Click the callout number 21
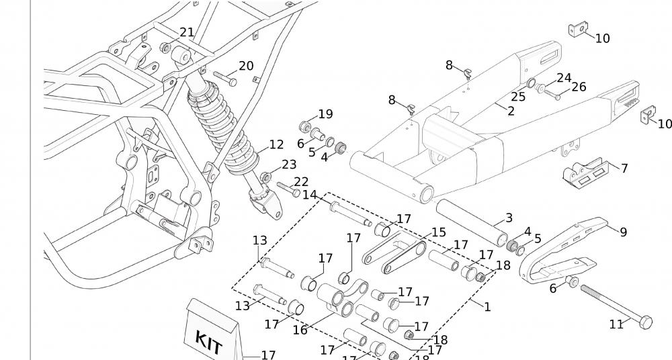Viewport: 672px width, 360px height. pos(187,32)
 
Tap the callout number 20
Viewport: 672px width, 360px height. pos(246,66)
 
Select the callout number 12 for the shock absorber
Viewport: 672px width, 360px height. pos(276,144)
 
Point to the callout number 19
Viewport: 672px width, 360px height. pos(325,114)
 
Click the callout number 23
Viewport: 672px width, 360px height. pos(289,165)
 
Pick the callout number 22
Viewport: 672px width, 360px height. pos(301,182)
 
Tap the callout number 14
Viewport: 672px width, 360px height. pos(310,195)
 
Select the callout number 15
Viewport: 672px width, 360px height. pos(438,232)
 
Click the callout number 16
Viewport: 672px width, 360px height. pos(300,330)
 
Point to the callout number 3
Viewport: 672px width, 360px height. pos(509,218)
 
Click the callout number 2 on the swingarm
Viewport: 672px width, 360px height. pos(511,111)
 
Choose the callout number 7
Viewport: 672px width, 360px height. pos(624,168)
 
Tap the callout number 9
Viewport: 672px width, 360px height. pos(623,232)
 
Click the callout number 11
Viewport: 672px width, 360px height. pos(616,324)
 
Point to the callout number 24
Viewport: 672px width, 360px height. pos(563,79)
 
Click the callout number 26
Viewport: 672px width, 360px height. pos(579,87)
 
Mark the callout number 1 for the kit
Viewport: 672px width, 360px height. pos(487,307)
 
